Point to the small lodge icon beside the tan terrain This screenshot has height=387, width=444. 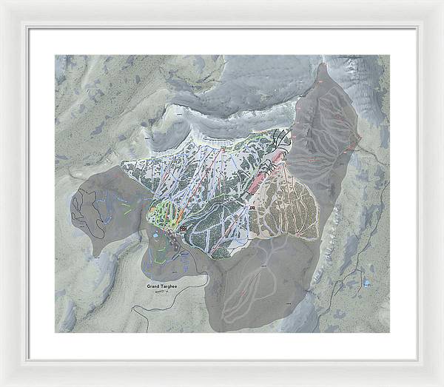(x=253, y=209)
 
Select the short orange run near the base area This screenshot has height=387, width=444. (x=158, y=215)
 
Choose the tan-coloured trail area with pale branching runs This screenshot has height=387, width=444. (x=289, y=207)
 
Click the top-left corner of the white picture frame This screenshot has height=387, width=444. (x=2, y=2)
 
